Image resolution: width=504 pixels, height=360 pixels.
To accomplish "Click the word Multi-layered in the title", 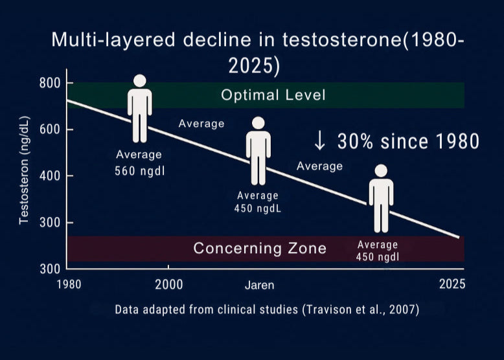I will (116, 40).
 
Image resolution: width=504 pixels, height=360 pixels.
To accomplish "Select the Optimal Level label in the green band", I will (273, 96).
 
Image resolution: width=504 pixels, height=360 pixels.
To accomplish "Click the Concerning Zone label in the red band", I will (260, 248).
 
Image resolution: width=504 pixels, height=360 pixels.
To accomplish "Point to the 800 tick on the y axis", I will (48, 83).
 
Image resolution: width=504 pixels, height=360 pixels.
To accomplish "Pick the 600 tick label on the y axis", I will (48, 129).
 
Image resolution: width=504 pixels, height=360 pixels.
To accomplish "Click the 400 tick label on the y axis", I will (48, 176).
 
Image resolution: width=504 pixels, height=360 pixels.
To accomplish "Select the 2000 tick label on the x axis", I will (169, 284).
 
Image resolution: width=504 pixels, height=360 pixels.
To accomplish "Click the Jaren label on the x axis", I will (259, 285).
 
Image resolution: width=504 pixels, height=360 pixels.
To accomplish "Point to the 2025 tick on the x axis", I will (452, 284).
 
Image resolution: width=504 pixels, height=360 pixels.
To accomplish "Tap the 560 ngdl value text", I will (138, 172).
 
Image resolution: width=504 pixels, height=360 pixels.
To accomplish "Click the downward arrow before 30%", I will (319, 140).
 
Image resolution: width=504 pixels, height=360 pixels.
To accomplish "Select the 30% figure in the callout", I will (354, 141).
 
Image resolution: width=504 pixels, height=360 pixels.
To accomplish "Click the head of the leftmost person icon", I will (140, 82).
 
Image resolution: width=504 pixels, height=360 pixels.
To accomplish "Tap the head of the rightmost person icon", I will (381, 170).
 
